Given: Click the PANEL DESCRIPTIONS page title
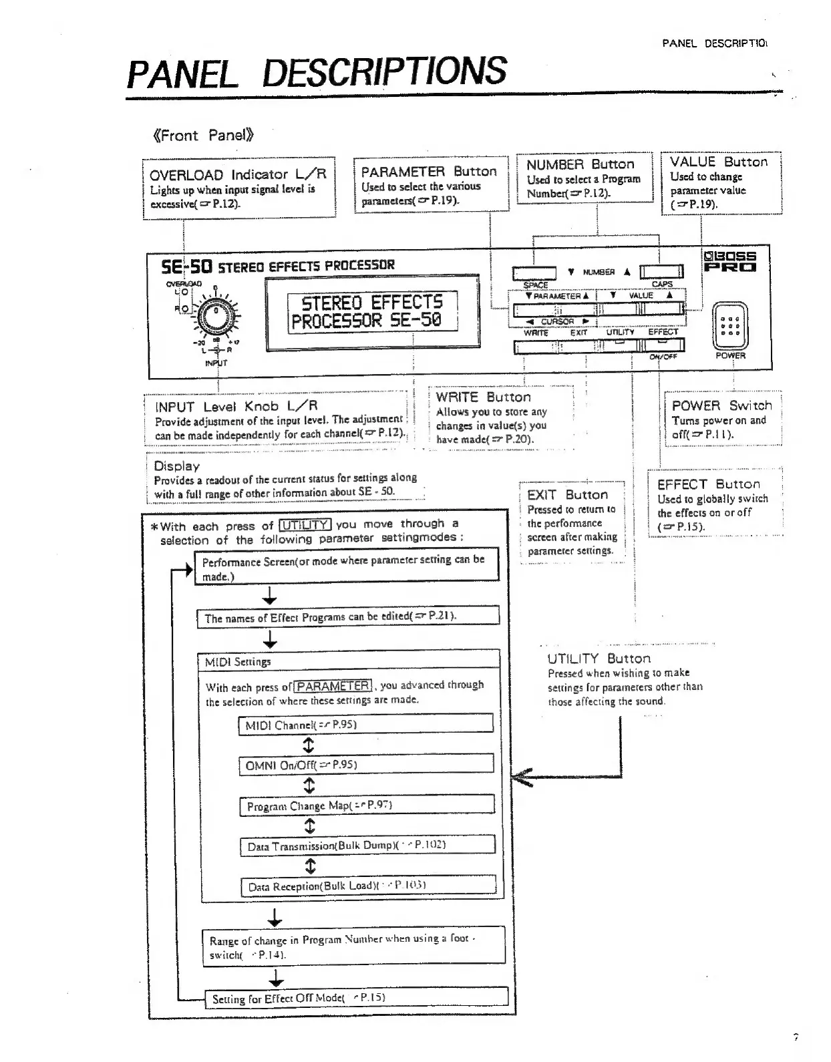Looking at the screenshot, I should point(317,72).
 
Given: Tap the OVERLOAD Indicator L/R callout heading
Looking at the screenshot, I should point(238,174).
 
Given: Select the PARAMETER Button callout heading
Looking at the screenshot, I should point(429,171).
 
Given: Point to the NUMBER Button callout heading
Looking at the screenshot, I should point(580,164).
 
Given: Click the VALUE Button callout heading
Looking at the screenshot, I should point(719,162).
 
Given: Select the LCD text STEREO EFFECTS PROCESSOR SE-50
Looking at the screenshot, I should point(372,311).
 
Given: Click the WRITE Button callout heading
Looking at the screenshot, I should point(483,397).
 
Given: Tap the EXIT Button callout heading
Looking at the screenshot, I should point(567,495).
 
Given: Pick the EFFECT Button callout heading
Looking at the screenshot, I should point(708,484).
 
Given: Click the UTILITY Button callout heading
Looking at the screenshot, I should point(599,659).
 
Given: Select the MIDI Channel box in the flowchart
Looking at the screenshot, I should point(365,725).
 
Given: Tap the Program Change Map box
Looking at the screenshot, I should point(367,806).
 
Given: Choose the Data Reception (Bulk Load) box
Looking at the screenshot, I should point(368,886).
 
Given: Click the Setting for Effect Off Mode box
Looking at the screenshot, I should point(356,999).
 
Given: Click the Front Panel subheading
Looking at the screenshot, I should point(202,136).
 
